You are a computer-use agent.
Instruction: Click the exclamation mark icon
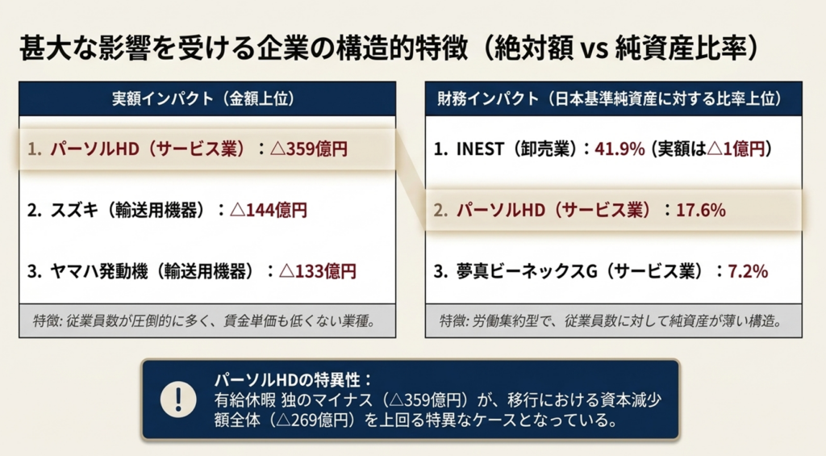click(178, 400)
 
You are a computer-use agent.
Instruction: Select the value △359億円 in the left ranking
click(309, 149)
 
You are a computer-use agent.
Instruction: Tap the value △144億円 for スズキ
click(269, 211)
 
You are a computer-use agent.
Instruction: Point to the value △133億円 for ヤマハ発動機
click(318, 271)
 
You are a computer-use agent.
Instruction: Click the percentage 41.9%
click(619, 149)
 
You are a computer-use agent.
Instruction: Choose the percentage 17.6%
click(701, 211)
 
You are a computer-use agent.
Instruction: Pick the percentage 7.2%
click(748, 271)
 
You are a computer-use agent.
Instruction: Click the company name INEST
click(480, 149)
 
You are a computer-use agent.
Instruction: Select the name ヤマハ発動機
click(99, 271)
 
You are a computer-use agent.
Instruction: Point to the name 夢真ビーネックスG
click(528, 271)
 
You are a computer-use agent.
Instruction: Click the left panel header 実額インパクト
click(163, 98)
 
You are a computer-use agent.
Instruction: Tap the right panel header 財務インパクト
click(488, 98)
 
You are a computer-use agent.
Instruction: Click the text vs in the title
click(594, 49)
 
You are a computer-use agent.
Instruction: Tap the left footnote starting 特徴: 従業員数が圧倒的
click(204, 320)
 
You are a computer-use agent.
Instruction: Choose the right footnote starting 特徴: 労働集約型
click(611, 320)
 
